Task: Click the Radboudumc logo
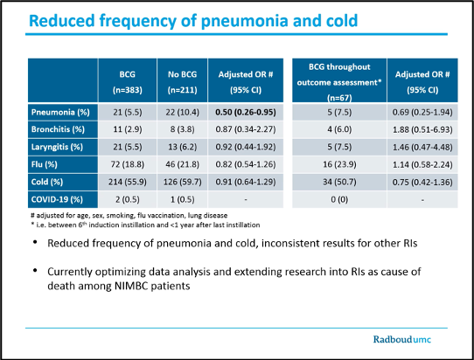pos(402,339)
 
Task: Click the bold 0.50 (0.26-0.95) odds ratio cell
pos(246,113)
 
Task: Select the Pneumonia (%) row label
pos(60,113)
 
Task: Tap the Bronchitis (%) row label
pos(58,129)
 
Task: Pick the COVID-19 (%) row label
pos(57,199)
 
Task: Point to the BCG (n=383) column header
pos(128,82)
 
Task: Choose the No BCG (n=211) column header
pos(182,82)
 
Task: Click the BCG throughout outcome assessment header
pos(339,82)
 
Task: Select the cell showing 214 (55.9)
pos(128,182)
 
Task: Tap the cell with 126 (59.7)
pos(182,182)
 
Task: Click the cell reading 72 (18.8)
pos(128,164)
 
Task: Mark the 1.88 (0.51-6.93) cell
pos(422,130)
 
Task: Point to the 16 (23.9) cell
pos(339,164)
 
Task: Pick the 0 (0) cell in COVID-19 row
pos(339,199)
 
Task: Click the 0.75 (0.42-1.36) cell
pos(422,182)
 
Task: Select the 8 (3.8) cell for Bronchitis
pos(182,129)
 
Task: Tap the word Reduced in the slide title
pos(62,21)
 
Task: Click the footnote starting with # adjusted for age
pos(129,215)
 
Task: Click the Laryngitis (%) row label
pos(57,147)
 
